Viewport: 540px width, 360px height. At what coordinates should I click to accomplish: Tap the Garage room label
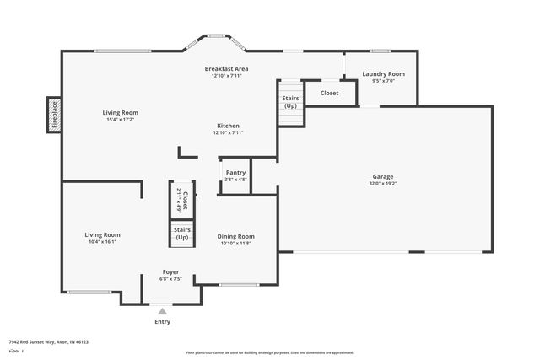(x=382, y=175)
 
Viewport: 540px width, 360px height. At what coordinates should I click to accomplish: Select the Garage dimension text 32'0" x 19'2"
(x=382, y=183)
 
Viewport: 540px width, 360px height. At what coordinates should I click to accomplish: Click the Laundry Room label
(x=384, y=74)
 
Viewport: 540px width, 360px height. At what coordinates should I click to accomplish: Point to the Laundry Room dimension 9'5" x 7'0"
(x=384, y=82)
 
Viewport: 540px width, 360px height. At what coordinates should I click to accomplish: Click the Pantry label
(x=235, y=172)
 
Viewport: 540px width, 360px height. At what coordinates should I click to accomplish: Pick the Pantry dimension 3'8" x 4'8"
(x=235, y=179)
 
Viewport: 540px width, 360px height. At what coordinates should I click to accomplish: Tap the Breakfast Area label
(x=227, y=68)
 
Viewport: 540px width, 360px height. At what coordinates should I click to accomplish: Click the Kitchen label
(x=227, y=126)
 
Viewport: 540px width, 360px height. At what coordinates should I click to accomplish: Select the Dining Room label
(x=237, y=236)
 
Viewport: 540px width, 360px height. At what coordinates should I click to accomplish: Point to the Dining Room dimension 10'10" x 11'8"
(x=237, y=244)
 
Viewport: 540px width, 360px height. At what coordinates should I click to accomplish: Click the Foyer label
(x=170, y=271)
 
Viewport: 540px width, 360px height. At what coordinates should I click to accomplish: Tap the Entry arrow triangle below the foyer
(x=163, y=311)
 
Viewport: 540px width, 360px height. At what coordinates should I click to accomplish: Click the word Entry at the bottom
(x=163, y=321)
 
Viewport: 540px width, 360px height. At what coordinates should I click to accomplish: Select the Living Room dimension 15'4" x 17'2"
(x=121, y=120)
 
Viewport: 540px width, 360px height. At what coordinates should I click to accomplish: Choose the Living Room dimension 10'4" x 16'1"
(x=102, y=242)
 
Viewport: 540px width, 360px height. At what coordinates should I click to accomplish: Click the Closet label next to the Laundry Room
(x=329, y=93)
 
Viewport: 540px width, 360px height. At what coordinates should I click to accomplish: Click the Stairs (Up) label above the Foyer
(x=181, y=233)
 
